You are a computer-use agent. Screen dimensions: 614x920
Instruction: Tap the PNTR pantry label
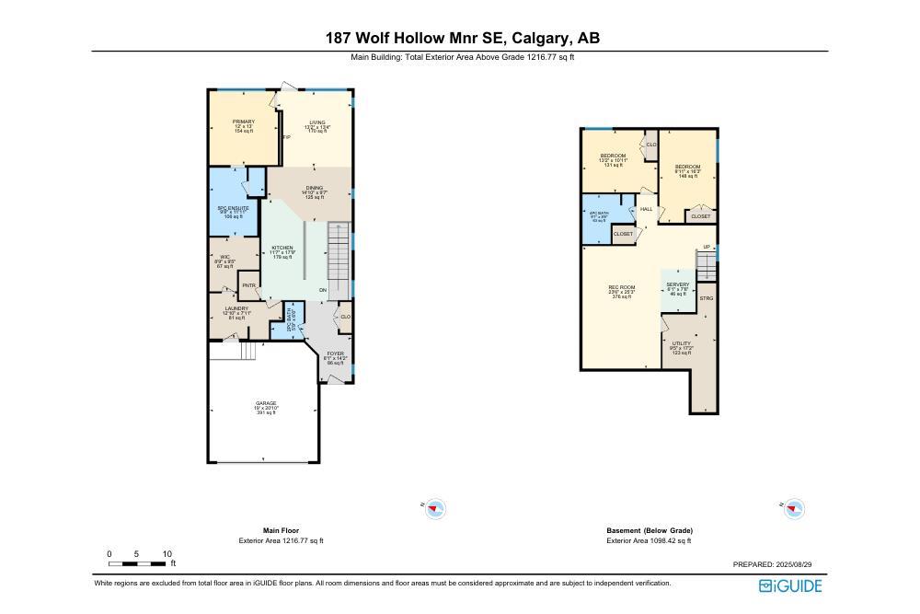coord(248,285)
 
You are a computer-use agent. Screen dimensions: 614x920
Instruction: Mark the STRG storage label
coord(707,298)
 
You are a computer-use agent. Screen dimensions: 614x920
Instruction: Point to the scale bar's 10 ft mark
coord(167,554)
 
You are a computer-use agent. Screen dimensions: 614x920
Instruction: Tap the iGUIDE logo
coord(790,585)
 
